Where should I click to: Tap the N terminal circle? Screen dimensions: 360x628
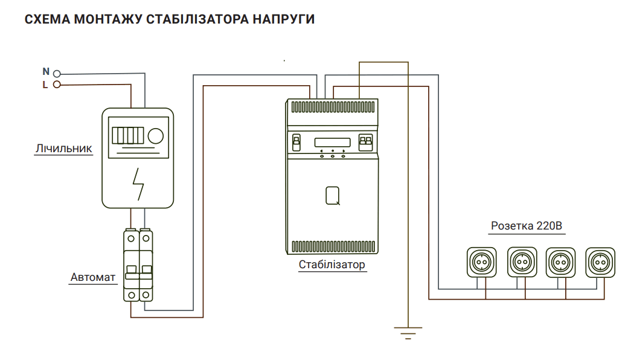(x=57, y=74)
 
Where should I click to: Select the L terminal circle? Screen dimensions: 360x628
(x=57, y=85)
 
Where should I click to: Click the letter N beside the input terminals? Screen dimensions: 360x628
(x=45, y=72)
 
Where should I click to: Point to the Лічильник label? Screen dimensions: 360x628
(x=63, y=148)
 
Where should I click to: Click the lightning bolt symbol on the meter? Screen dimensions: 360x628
(x=139, y=183)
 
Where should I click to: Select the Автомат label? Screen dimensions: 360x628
(x=92, y=277)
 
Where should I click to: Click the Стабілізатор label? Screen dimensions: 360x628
(x=332, y=265)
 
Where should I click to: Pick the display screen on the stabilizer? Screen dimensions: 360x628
(x=332, y=143)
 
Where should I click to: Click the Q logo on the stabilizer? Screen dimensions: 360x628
(x=332, y=195)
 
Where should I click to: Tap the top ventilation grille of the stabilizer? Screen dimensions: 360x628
(x=332, y=107)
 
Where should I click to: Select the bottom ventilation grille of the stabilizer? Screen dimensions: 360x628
(x=332, y=246)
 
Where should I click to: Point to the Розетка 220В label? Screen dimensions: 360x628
(x=527, y=227)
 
